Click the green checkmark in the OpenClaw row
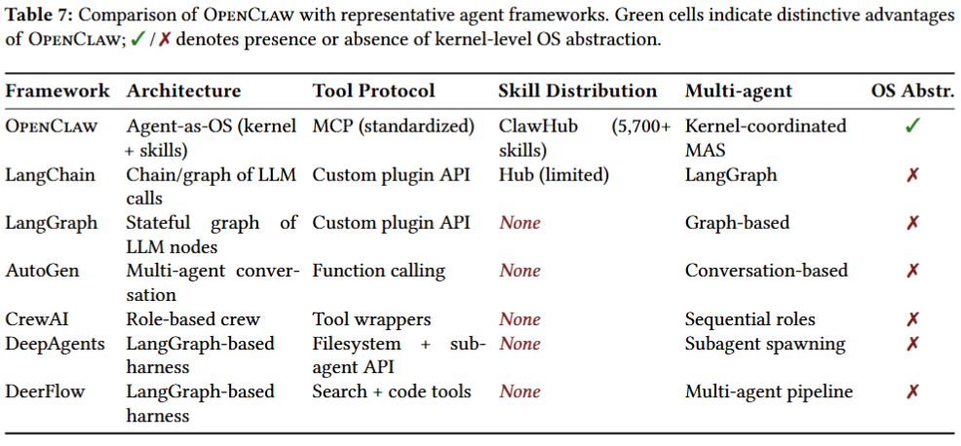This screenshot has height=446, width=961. click(912, 127)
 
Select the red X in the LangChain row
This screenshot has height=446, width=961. click(912, 175)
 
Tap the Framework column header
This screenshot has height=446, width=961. click(57, 92)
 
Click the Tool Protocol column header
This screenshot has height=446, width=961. click(374, 92)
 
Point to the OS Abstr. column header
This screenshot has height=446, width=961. click(912, 92)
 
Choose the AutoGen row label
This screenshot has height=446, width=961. click(42, 270)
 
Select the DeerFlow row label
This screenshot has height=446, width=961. click(46, 390)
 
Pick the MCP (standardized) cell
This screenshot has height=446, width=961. click(394, 127)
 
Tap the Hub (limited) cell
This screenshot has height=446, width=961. click(554, 175)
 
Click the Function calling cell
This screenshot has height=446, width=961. click(379, 270)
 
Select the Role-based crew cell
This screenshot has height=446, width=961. click(193, 319)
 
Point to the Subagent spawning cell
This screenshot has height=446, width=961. click(765, 344)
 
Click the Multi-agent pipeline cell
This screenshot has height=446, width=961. click(769, 391)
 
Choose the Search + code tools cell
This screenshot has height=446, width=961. click(392, 390)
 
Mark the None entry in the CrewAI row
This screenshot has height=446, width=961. click(519, 319)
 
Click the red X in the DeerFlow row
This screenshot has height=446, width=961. click(912, 391)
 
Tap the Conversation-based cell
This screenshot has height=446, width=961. click(766, 270)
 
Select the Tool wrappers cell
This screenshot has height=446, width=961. click(371, 319)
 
